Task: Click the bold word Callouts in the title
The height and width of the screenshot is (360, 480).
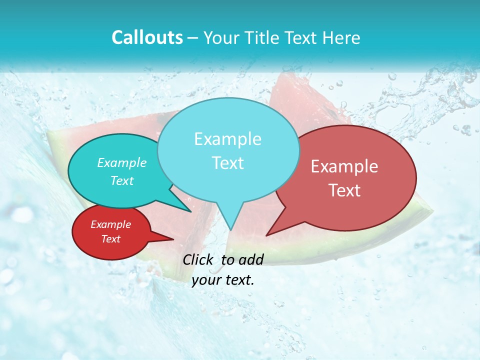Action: tap(147, 38)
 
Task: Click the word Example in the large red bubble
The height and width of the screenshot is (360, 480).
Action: tap(344, 166)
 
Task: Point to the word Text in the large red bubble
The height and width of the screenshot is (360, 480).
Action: tap(344, 190)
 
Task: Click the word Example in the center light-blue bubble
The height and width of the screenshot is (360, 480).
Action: tap(227, 139)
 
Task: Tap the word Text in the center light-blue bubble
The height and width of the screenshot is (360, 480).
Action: tap(227, 163)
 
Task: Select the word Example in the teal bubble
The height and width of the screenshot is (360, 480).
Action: tap(122, 163)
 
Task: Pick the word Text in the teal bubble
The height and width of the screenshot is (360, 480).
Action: tap(122, 181)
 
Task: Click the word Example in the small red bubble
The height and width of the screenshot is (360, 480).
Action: tap(110, 224)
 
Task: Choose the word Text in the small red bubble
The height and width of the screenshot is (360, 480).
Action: tap(110, 239)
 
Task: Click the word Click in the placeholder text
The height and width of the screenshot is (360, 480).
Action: tap(198, 259)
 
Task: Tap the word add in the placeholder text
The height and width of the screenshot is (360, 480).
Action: tap(251, 259)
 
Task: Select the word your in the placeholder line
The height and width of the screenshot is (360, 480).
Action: tap(206, 280)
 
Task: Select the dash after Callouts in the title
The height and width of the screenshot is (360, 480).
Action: tap(193, 38)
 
